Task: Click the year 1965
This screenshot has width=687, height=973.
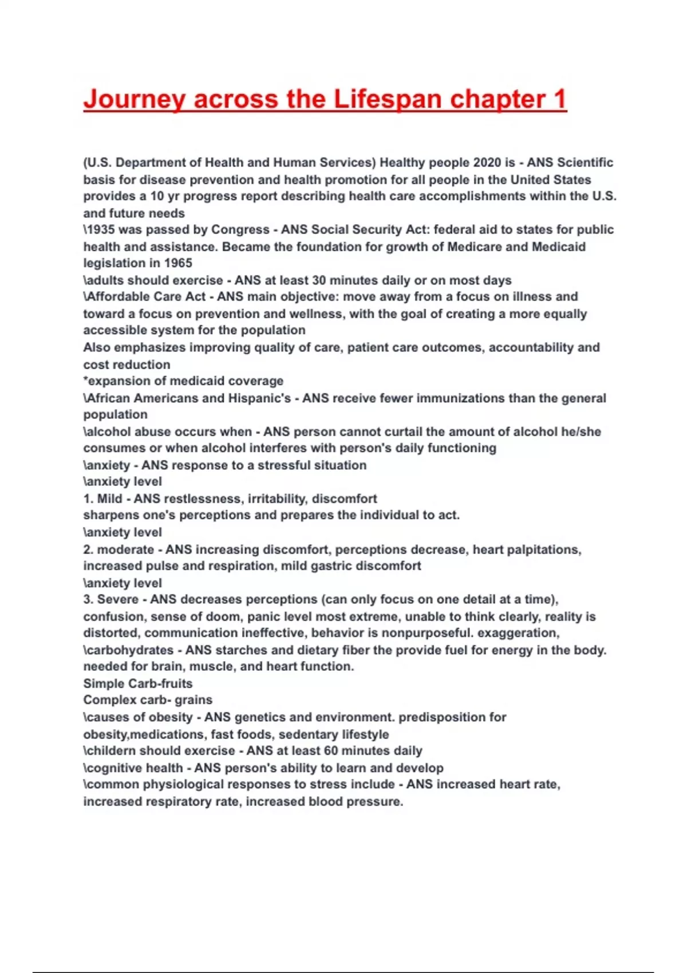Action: click(178, 263)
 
